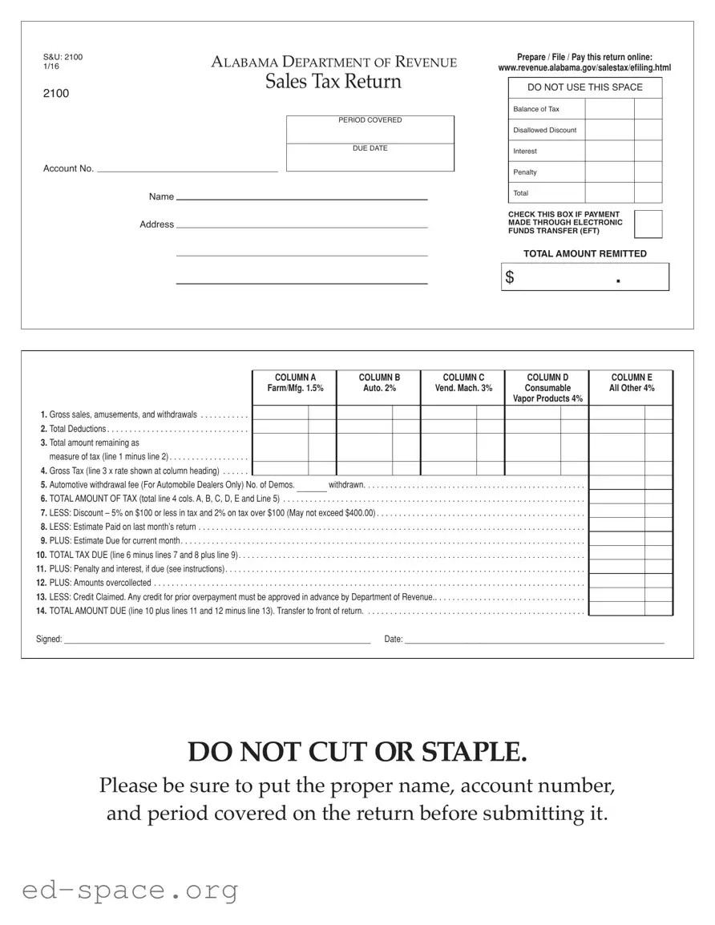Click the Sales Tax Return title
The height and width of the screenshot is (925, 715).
tap(333, 82)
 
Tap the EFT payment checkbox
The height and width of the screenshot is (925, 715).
tap(648, 224)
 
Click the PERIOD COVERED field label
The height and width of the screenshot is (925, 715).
tap(370, 120)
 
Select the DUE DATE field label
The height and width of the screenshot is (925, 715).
tap(370, 148)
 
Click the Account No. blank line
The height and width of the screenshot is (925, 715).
tap(187, 171)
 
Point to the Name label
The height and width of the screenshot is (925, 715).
tap(161, 196)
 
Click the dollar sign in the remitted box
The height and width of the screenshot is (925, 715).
tap(510, 277)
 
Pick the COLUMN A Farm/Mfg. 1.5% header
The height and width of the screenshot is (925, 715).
tap(295, 382)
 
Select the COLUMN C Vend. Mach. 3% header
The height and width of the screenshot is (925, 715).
tap(463, 382)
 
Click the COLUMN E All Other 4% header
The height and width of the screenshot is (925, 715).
tap(632, 382)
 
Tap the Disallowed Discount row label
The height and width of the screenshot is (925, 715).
tap(544, 130)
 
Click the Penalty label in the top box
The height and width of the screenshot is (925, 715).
tap(525, 172)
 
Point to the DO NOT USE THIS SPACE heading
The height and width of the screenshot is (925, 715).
tap(584, 87)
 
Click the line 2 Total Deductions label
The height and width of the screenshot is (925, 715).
tap(77, 429)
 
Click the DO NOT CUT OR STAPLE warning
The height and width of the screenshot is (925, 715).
tap(357, 753)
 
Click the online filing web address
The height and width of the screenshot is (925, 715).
tap(584, 68)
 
